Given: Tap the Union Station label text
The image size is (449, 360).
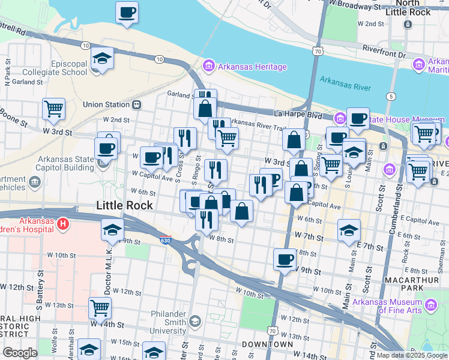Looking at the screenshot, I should [106, 104].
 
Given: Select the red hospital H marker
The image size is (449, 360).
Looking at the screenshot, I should [63, 226].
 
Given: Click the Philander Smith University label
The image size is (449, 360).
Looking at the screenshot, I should [158, 326].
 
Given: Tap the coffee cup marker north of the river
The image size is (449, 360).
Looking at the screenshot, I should [127, 13].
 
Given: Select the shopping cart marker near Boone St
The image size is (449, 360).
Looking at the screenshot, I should [53, 109].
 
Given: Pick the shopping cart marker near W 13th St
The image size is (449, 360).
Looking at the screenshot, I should [100, 308].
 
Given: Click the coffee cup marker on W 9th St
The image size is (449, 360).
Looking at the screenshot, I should [285, 260].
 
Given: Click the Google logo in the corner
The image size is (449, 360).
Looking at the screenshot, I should [20, 353].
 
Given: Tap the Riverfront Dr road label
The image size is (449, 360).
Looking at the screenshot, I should [385, 55].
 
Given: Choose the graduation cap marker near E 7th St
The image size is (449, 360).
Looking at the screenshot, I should [349, 230].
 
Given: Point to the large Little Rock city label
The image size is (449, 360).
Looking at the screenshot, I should [124, 205].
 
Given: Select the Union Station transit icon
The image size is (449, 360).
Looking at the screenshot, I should [137, 104].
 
